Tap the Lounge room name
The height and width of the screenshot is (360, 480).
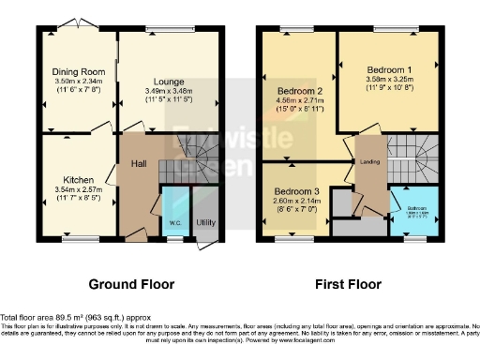pos(170,81)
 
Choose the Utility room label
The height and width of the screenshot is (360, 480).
pos(205,223)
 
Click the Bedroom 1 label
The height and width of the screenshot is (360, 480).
pos(388,70)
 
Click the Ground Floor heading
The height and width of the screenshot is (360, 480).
pos(130,283)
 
